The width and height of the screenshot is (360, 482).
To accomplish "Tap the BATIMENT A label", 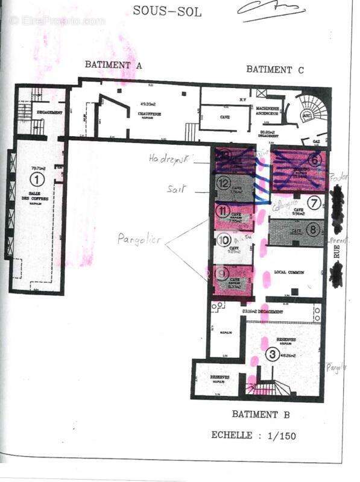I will pyautogui.click(x=113, y=64).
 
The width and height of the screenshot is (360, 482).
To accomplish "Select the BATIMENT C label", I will pyautogui.click(x=275, y=69).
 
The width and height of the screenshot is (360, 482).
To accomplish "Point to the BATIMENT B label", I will pyautogui.click(x=261, y=415).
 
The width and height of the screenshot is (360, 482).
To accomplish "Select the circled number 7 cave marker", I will pyautogui.click(x=314, y=202).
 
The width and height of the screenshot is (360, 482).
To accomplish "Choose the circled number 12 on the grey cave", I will pyautogui.click(x=223, y=182).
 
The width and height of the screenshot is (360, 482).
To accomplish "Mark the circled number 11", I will pyautogui.click(x=223, y=210).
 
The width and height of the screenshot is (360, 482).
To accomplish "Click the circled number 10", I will pyautogui.click(x=223, y=240).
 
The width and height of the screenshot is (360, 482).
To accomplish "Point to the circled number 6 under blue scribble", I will pyautogui.click(x=314, y=160).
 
